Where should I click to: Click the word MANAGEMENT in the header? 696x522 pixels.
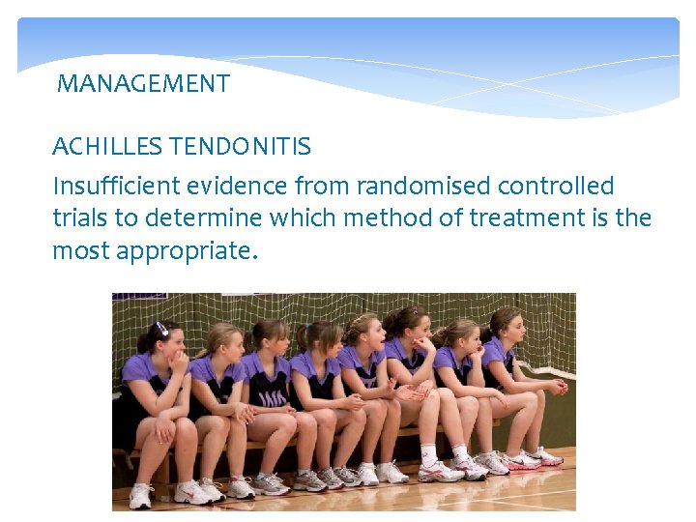tap(143, 84)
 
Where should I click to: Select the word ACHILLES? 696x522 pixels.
tap(108, 147)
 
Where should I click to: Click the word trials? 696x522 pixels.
tap(80, 218)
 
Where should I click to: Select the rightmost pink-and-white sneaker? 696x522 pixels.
tap(546, 456)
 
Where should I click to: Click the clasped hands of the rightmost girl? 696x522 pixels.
tap(554, 387)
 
